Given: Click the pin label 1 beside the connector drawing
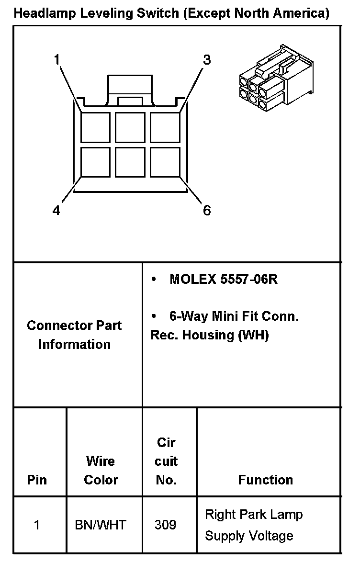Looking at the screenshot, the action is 57,60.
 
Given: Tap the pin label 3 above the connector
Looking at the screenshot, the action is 207,60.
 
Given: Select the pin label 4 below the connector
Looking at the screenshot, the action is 56,211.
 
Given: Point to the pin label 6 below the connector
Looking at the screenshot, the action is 207,211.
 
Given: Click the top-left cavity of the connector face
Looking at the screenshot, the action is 95,127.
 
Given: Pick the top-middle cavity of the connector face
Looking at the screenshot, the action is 130,127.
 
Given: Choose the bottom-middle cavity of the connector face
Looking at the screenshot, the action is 130,162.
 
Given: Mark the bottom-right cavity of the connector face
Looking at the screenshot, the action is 165,162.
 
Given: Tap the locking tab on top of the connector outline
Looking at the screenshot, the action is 130,89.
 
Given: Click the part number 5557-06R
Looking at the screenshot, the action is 249,280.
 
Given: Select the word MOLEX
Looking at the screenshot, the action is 193,280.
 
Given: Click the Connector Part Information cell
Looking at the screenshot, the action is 74,335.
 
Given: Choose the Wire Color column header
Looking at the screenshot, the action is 101,470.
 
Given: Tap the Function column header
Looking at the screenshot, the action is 265,480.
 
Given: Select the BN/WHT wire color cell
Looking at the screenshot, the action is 101,525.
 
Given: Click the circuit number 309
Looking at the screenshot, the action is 165,525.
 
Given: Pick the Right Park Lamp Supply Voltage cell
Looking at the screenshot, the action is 254,525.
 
